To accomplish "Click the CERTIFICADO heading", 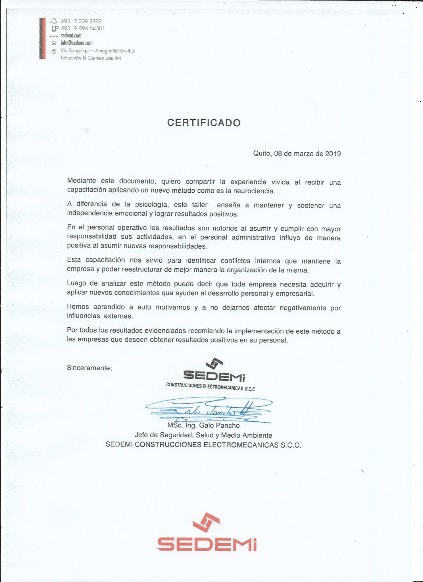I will point(204,123).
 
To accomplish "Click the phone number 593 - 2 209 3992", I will point(81,21).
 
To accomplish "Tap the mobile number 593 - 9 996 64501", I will point(83,28).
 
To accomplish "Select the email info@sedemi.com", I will point(76,43).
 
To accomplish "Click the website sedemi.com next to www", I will point(71,36).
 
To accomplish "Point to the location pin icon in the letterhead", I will point(54,51).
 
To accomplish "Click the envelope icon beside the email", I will point(54,43).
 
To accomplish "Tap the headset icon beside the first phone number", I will point(54,21).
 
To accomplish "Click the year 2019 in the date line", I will point(333,154).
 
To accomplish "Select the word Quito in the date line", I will point(262,154).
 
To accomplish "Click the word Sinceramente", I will point(89,368).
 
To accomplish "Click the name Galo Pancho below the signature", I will point(219,425).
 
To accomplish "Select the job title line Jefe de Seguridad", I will point(203,435).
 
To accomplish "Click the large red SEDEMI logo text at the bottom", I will point(207,544).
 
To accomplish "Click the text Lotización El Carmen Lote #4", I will point(91,58).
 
